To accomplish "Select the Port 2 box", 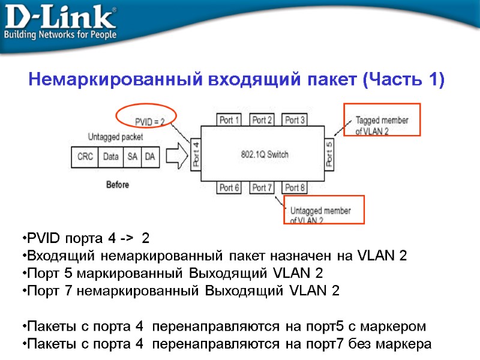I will point(262,120).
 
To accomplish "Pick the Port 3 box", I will point(295,120).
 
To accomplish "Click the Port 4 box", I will point(196,154).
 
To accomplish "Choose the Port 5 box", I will point(329,154).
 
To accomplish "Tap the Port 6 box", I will point(230,188).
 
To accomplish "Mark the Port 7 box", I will point(262,188).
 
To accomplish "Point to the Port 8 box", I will point(295,188).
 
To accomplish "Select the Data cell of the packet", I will point(110,157).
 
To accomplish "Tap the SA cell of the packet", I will point(132,157).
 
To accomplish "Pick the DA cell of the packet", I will point(150,157).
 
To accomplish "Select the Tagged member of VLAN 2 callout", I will point(382,125).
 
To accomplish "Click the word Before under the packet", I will point(118,185).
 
